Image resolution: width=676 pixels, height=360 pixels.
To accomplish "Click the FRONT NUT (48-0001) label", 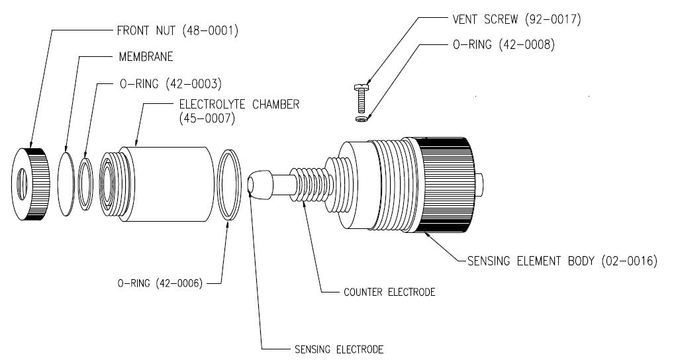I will tap(177, 30).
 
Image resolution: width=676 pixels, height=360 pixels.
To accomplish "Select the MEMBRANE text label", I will tap(145, 57).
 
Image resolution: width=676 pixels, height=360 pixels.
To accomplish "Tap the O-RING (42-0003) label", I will tap(169, 84).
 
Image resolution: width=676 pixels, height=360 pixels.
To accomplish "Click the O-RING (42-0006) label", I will tap(160, 283).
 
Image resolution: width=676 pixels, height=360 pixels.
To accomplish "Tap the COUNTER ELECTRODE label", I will tap(389, 292).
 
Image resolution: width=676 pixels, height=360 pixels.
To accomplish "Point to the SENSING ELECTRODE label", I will tap(338, 349).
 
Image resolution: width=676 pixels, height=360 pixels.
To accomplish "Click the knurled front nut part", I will tap(30, 182).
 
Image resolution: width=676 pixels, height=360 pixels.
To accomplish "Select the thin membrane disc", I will tap(66, 183).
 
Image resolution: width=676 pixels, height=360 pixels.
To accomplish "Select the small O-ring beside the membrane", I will tap(87, 183).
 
